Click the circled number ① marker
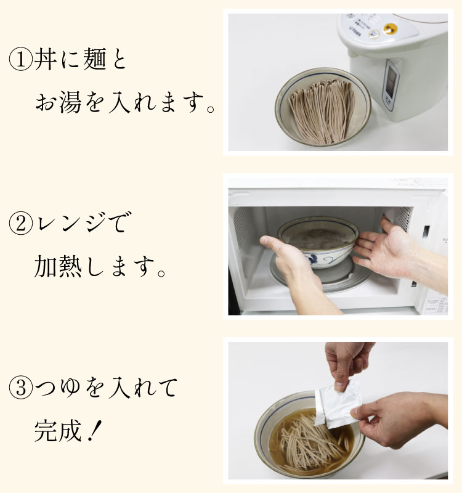click(x=21, y=59)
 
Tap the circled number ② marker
click(x=21, y=224)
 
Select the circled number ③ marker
click(x=21, y=388)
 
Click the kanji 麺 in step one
click(x=95, y=59)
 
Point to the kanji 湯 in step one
click(x=70, y=102)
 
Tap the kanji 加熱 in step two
click(x=58, y=266)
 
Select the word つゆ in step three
click(x=57, y=388)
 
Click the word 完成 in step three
click(x=58, y=430)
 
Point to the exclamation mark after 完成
click(x=95, y=430)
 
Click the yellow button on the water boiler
click(x=390, y=29)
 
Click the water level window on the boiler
click(x=391, y=82)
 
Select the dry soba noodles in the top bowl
click(x=322, y=111)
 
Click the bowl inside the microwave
click(x=318, y=242)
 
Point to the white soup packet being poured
click(x=338, y=404)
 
